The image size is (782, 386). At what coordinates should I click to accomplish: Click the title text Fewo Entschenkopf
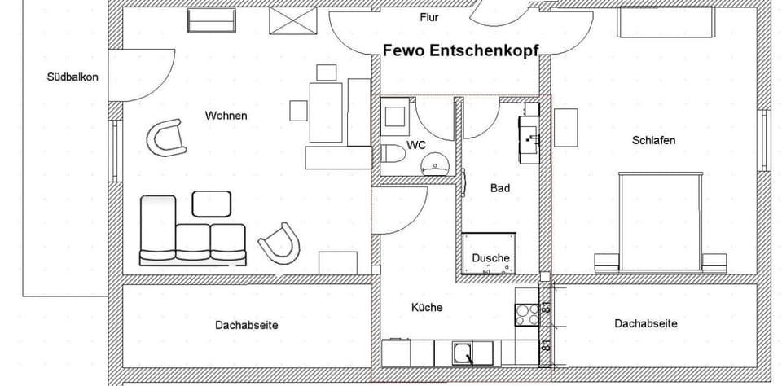(x=461, y=50)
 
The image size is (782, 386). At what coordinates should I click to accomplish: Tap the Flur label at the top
(x=429, y=16)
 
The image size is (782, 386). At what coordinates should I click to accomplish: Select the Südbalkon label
(x=72, y=78)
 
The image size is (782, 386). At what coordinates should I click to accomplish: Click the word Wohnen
(x=226, y=116)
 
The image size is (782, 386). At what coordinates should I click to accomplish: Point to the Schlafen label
(x=653, y=140)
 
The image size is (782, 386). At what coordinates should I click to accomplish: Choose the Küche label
(x=427, y=307)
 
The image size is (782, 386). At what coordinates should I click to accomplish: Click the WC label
(x=416, y=145)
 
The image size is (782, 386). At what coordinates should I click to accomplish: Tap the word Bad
(x=499, y=188)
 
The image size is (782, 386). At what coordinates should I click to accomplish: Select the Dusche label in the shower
(x=490, y=258)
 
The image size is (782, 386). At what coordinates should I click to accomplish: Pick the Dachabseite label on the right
(x=645, y=323)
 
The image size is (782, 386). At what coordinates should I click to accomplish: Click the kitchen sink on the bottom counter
(x=463, y=353)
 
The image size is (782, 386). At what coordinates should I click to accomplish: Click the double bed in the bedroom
(x=660, y=216)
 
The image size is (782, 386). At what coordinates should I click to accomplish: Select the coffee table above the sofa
(x=211, y=204)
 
